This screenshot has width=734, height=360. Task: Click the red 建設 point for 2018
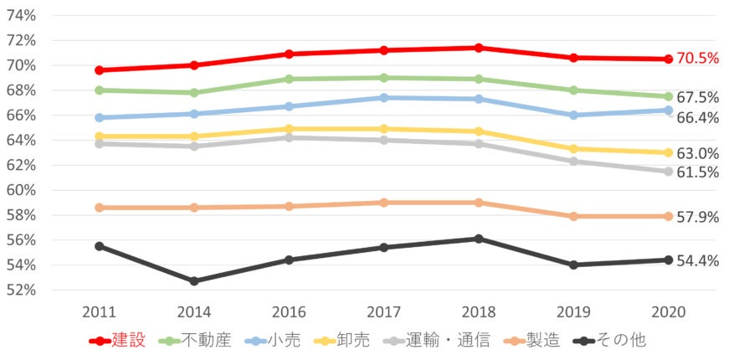[478, 48]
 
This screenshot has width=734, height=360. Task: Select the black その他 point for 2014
[193, 281]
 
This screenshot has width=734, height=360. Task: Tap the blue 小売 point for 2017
[383, 98]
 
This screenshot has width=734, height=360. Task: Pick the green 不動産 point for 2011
[99, 90]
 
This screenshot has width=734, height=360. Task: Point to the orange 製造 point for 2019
[573, 216]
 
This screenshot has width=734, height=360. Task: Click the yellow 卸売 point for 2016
[289, 129]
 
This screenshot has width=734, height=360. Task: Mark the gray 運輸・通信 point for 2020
[668, 172]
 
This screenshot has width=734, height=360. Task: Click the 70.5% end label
[699, 59]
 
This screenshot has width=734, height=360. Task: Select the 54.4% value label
[699, 260]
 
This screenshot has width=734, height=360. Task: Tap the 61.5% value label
[699, 172]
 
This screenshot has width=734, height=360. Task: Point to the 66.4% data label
[699, 118]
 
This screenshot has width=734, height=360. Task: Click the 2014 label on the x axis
[193, 312]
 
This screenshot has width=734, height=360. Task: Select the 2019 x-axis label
[573, 312]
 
